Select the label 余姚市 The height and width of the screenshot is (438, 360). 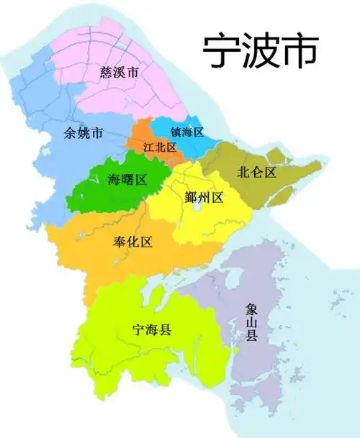pyautogui.click(x=84, y=133)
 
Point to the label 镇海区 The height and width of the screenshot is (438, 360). pyautogui.click(x=187, y=132)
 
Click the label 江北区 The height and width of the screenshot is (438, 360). pyautogui.click(x=160, y=147)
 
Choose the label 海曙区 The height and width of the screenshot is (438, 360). pyautogui.click(x=127, y=179)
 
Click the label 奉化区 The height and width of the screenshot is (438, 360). pyautogui.click(x=132, y=242)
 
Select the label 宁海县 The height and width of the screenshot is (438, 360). pyautogui.click(x=152, y=330)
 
